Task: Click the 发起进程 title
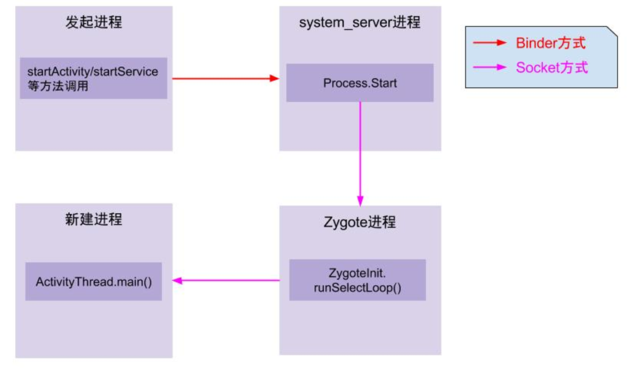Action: (x=93, y=22)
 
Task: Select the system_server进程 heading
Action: (x=359, y=22)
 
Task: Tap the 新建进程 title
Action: (x=93, y=219)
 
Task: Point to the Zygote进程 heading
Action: (x=359, y=221)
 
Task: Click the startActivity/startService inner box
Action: (x=93, y=78)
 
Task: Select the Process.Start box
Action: (x=359, y=82)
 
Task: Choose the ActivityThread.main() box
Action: (x=93, y=282)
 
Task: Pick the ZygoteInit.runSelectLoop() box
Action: (x=357, y=280)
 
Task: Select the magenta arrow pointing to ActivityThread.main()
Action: (x=226, y=280)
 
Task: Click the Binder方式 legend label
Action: (x=550, y=44)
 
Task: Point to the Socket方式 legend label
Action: (x=552, y=68)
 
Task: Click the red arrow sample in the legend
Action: (x=489, y=44)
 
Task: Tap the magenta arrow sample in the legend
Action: (x=489, y=68)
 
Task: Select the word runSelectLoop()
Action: (x=357, y=287)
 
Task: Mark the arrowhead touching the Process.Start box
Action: (x=275, y=78)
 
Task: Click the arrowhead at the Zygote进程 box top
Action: (x=360, y=200)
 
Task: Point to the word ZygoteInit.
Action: (x=357, y=273)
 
